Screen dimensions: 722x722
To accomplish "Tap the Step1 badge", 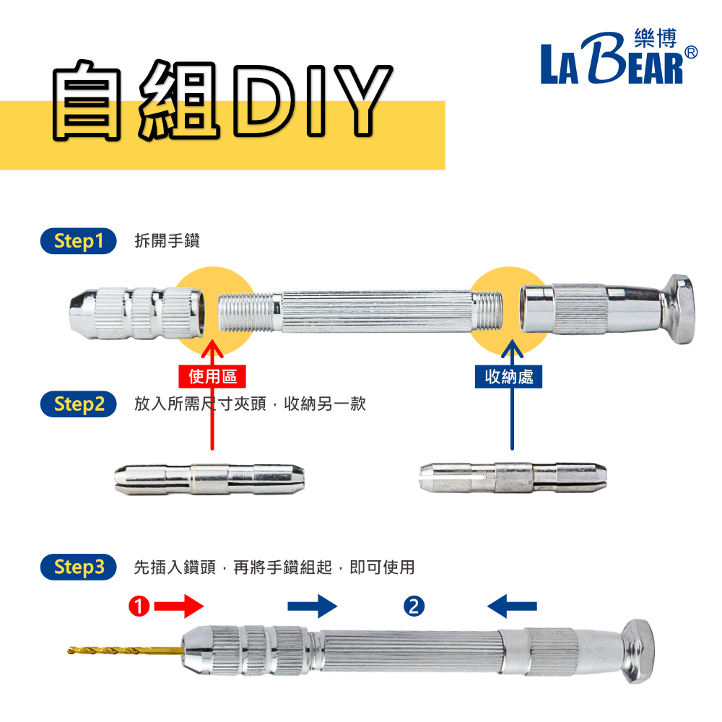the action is coord(78,241).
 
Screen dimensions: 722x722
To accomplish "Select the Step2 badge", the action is coord(78,404).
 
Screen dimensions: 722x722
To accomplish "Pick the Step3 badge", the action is coord(78,567).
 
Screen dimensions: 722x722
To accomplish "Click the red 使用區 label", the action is coord(212,377).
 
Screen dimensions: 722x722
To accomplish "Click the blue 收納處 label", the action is coord(509,377).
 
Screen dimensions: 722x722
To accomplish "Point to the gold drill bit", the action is coord(126,651).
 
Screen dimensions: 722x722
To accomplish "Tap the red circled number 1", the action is coord(139,606).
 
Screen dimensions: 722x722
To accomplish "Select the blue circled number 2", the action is coord(414,606).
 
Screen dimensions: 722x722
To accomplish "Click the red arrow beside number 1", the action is coord(178,606).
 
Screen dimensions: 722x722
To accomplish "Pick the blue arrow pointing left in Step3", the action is coord(512,606).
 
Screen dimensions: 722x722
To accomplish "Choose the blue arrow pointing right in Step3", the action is coord(313,606).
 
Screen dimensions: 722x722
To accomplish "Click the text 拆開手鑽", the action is coord(168,241).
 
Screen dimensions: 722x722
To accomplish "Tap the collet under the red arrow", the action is coord(209,479).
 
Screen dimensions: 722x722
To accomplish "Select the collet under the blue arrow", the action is coord(513,477).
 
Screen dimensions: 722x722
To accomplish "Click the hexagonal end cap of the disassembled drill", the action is coord(678,309).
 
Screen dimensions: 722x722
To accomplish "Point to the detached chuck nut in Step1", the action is coord(137,313).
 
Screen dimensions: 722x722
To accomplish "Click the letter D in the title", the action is coord(264,100).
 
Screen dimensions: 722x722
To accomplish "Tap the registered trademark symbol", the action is coord(691,53).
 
